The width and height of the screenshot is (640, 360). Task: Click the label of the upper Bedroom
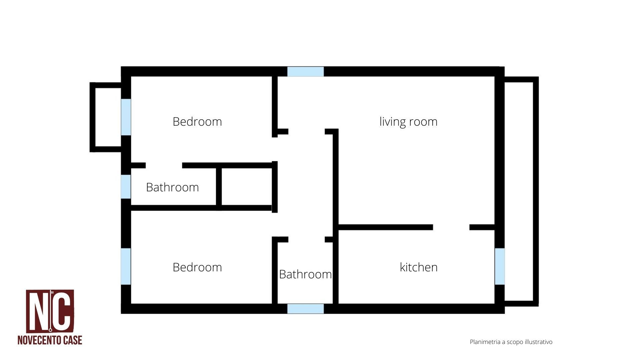click(x=197, y=121)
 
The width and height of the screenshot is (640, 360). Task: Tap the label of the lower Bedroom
click(x=197, y=267)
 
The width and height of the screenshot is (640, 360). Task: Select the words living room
click(x=408, y=122)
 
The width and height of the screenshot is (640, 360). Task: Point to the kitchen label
click(x=419, y=267)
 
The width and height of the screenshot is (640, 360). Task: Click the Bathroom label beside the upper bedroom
click(x=172, y=187)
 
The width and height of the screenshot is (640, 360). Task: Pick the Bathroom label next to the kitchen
click(x=305, y=274)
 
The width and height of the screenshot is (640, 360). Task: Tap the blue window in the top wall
click(x=305, y=71)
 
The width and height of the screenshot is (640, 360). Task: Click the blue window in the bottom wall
click(x=305, y=309)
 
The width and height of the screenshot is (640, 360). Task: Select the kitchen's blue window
click(x=499, y=266)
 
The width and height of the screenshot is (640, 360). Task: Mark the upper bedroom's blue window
click(x=126, y=117)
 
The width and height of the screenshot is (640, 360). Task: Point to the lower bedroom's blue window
click(x=126, y=266)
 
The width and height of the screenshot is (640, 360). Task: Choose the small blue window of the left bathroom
click(x=126, y=186)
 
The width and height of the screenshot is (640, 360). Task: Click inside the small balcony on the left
click(x=108, y=117)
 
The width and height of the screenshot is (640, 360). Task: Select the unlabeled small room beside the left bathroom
click(x=247, y=187)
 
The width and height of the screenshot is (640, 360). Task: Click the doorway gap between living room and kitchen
click(x=451, y=227)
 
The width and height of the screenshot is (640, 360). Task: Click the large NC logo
click(x=50, y=311)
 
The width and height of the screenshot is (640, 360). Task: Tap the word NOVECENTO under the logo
click(x=40, y=340)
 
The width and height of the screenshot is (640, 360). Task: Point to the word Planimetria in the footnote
click(x=485, y=342)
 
